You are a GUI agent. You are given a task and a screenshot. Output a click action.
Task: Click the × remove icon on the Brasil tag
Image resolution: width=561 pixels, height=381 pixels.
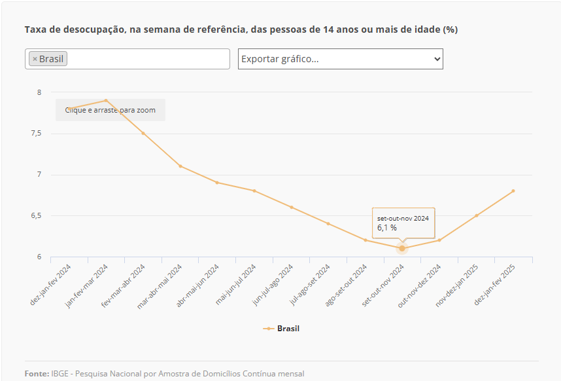coord(35,59)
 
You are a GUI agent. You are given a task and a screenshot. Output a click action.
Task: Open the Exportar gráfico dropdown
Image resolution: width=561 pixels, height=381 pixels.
coord(340,59)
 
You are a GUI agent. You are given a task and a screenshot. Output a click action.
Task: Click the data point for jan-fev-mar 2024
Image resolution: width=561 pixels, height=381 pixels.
coord(106,101)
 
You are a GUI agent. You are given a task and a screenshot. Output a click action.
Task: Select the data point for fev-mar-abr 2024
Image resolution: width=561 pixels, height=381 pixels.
coord(143,134)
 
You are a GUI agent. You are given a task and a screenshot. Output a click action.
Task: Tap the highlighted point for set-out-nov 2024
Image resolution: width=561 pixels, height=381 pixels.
coord(402,248)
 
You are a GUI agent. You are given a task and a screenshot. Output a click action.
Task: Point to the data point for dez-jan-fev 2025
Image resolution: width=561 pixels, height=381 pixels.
coord(513,191)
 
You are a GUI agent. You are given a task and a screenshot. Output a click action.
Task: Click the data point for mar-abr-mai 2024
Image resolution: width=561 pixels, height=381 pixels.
coord(180,166)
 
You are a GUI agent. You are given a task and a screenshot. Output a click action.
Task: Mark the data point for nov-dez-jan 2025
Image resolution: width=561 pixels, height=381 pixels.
coord(476,215)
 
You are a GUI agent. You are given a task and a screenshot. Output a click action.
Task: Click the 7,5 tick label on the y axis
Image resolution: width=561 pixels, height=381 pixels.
coord(35,134)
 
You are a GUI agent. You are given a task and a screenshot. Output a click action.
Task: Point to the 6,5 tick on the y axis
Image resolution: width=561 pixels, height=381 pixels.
coord(35,215)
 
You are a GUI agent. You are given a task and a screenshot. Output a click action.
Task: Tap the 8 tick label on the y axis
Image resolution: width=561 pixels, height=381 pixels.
coord(39,93)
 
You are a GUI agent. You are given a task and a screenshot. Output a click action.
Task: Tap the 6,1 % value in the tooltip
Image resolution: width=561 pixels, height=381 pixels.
coord(387,228)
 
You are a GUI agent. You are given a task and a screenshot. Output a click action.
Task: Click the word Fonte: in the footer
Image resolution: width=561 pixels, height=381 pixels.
coord(37,374)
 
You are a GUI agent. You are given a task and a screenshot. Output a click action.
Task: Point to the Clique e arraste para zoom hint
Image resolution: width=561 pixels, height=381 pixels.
coord(110,110)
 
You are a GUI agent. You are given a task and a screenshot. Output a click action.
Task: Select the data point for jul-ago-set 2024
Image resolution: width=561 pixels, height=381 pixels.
coord(328,224)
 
